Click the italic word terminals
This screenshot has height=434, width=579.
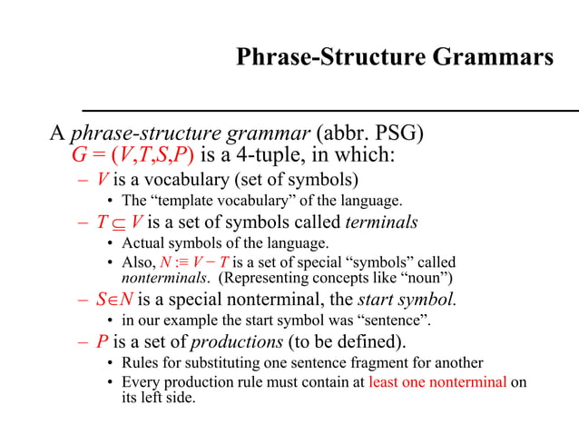tap(382, 222)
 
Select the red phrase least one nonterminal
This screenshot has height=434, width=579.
tap(437, 382)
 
